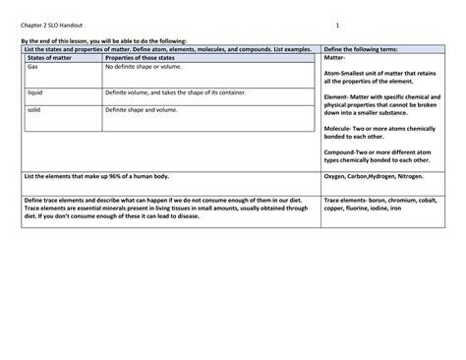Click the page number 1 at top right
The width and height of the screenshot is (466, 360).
pyautogui.click(x=336, y=25)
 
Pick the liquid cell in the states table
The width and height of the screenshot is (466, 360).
pyautogui.click(x=34, y=90)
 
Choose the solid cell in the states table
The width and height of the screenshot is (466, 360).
pyautogui.click(x=34, y=111)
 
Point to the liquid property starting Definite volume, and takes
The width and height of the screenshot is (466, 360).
pyautogui.click(x=180, y=90)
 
